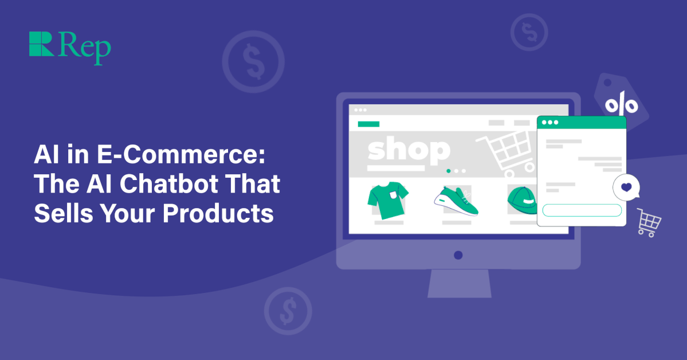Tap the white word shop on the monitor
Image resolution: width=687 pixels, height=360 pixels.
[x=408, y=150]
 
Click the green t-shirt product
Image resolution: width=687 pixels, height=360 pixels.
[x=385, y=197]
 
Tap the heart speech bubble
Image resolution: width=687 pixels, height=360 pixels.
[x=626, y=187]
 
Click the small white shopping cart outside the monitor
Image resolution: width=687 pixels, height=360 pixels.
[x=649, y=222]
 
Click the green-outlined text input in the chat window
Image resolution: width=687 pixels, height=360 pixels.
[x=582, y=210]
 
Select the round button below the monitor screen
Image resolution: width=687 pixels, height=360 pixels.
[x=458, y=255]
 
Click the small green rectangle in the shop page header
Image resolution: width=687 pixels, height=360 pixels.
[x=368, y=123]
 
